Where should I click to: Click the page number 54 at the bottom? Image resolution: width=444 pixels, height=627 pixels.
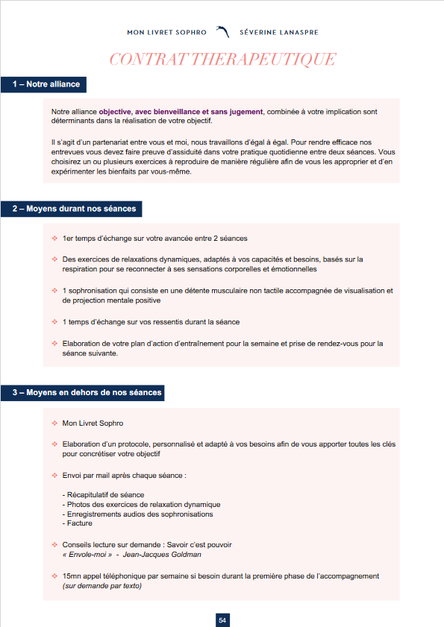pos(222,620)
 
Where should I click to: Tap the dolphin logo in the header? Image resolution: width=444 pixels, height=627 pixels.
pos(222,32)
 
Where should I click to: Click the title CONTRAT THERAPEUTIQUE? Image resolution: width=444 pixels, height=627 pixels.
pos(222,60)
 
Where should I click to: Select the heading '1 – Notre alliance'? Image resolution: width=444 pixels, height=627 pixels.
pos(46,84)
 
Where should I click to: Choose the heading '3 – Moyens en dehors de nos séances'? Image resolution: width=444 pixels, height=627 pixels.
pos(87,392)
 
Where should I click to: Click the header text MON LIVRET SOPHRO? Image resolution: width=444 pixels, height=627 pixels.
pos(166,33)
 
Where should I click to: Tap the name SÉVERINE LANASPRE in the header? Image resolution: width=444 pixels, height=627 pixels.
pos(278,33)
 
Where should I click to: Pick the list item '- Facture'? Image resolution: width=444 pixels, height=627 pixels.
pos(78,523)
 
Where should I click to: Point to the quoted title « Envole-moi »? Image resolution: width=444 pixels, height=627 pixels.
pos(87,555)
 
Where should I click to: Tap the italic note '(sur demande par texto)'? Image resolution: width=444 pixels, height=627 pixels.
pos(101,586)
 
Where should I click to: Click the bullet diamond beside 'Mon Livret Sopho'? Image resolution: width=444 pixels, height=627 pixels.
pos(54,423)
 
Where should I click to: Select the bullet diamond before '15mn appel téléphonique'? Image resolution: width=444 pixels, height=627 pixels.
pos(54,576)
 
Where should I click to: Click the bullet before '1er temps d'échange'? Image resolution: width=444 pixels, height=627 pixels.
pos(54,238)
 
